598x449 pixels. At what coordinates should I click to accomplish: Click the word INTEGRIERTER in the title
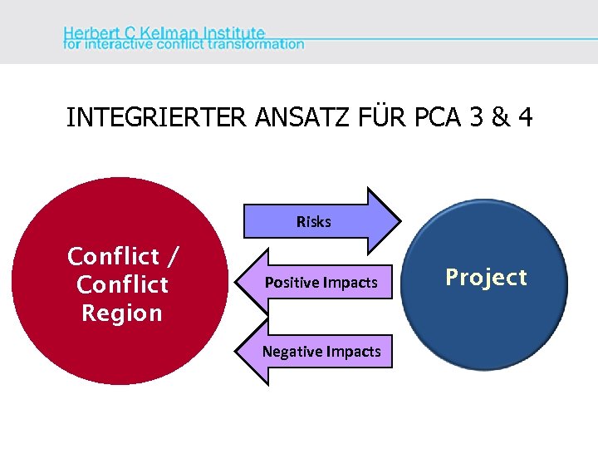click(x=155, y=117)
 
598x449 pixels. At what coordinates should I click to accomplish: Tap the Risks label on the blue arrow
click(x=313, y=222)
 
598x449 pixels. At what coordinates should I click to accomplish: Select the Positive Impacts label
click(x=321, y=283)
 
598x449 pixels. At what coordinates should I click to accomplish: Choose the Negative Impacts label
click(x=321, y=352)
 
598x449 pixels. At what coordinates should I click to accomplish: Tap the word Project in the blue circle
click(x=486, y=277)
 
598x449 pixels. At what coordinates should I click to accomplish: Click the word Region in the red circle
click(x=121, y=313)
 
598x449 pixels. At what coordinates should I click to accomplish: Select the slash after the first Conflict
click(x=173, y=256)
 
